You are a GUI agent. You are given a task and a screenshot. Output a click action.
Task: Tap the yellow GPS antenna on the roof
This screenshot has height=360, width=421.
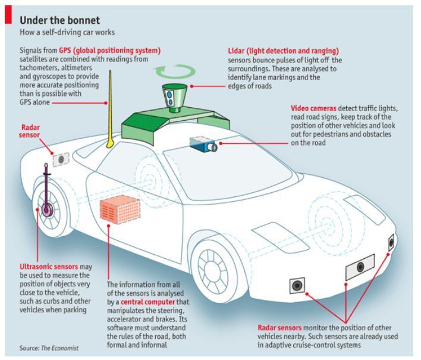111,113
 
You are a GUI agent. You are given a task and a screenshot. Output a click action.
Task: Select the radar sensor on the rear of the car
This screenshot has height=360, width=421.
59,159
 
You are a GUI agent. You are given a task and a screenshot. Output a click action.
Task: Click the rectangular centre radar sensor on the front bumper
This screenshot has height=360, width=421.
359,266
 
